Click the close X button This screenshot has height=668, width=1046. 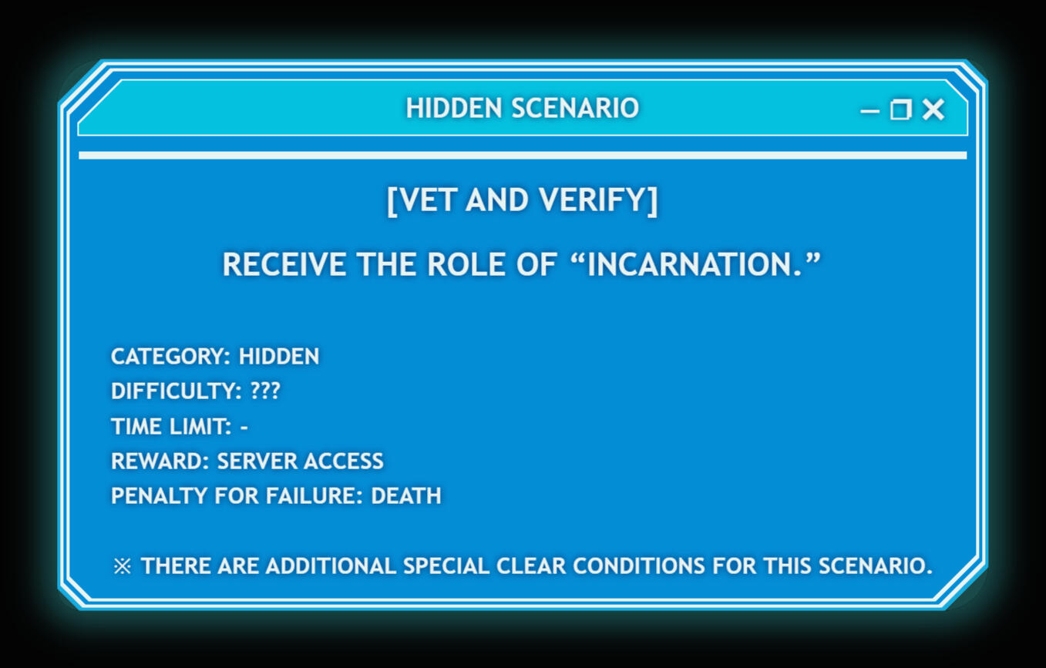[x=933, y=109]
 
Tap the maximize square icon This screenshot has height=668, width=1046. [x=901, y=109]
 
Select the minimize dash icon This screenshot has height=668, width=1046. [x=870, y=111]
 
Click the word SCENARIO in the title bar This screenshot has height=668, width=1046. [x=575, y=109]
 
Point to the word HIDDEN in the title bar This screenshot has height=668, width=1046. [x=454, y=109]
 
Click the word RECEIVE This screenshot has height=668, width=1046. [x=284, y=264]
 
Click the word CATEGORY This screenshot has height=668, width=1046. [x=168, y=356]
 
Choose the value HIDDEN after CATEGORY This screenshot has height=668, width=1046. [x=279, y=356]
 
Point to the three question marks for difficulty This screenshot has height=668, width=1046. [x=265, y=391]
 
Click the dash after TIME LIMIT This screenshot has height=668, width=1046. [x=244, y=427]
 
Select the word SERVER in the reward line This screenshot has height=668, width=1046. [x=254, y=462]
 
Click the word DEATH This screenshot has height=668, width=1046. [x=405, y=495]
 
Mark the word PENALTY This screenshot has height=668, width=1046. [x=159, y=495]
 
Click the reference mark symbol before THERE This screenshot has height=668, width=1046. [x=123, y=566]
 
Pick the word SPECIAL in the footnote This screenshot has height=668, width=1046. [x=446, y=566]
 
